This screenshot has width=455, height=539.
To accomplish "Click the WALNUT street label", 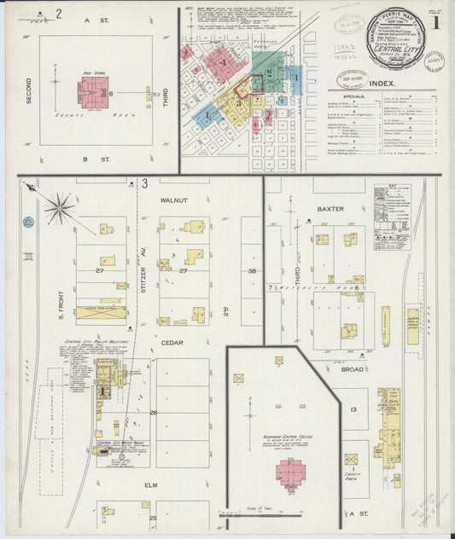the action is click(173, 200).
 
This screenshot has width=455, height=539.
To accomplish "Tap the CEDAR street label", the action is click(172, 343).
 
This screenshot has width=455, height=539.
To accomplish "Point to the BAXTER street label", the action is click(330, 207).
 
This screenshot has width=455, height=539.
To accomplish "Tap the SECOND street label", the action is click(29, 90).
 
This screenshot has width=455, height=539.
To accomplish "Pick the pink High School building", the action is click(93, 90).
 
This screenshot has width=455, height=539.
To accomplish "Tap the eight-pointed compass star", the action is click(59, 206).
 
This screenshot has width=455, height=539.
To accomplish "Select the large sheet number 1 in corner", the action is click(435, 22).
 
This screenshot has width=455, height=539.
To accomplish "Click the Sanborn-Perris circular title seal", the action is click(399, 35).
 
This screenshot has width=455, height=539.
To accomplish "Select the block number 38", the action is click(252, 270).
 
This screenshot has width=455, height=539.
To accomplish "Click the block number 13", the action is click(353, 410).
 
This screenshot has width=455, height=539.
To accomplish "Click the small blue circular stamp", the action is click(28, 222).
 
